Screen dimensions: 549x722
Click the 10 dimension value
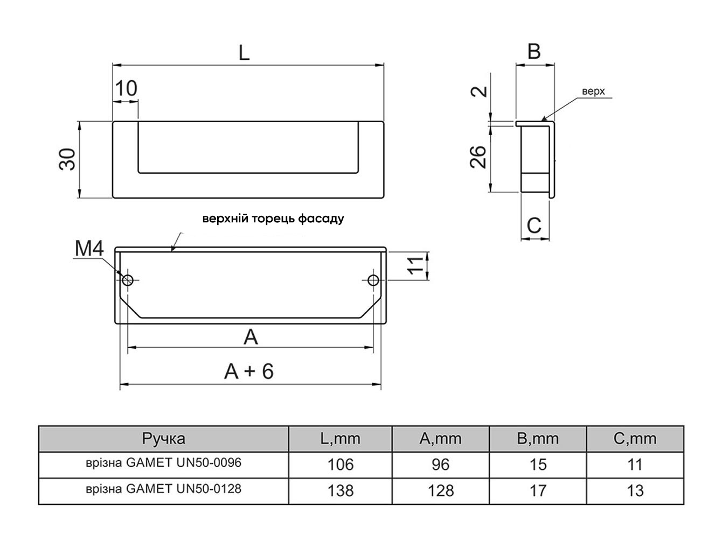click(126, 88)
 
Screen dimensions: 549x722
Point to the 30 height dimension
click(67, 159)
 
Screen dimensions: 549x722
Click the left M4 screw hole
click(128, 280)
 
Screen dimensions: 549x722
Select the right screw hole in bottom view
click(373, 280)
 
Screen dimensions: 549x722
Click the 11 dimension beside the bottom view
click(415, 265)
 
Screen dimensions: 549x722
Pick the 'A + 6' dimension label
click(249, 371)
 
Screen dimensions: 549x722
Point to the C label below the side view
click(533, 225)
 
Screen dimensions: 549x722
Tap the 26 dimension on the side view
click(478, 157)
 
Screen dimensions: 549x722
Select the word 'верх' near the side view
click(593, 91)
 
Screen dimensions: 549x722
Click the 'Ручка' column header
click(164, 439)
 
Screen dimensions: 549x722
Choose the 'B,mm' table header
click(538, 439)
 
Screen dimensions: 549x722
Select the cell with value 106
click(341, 464)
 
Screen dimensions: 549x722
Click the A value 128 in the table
click(441, 491)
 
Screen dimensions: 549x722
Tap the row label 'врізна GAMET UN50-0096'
click(164, 463)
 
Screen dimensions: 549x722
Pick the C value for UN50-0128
click(635, 491)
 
